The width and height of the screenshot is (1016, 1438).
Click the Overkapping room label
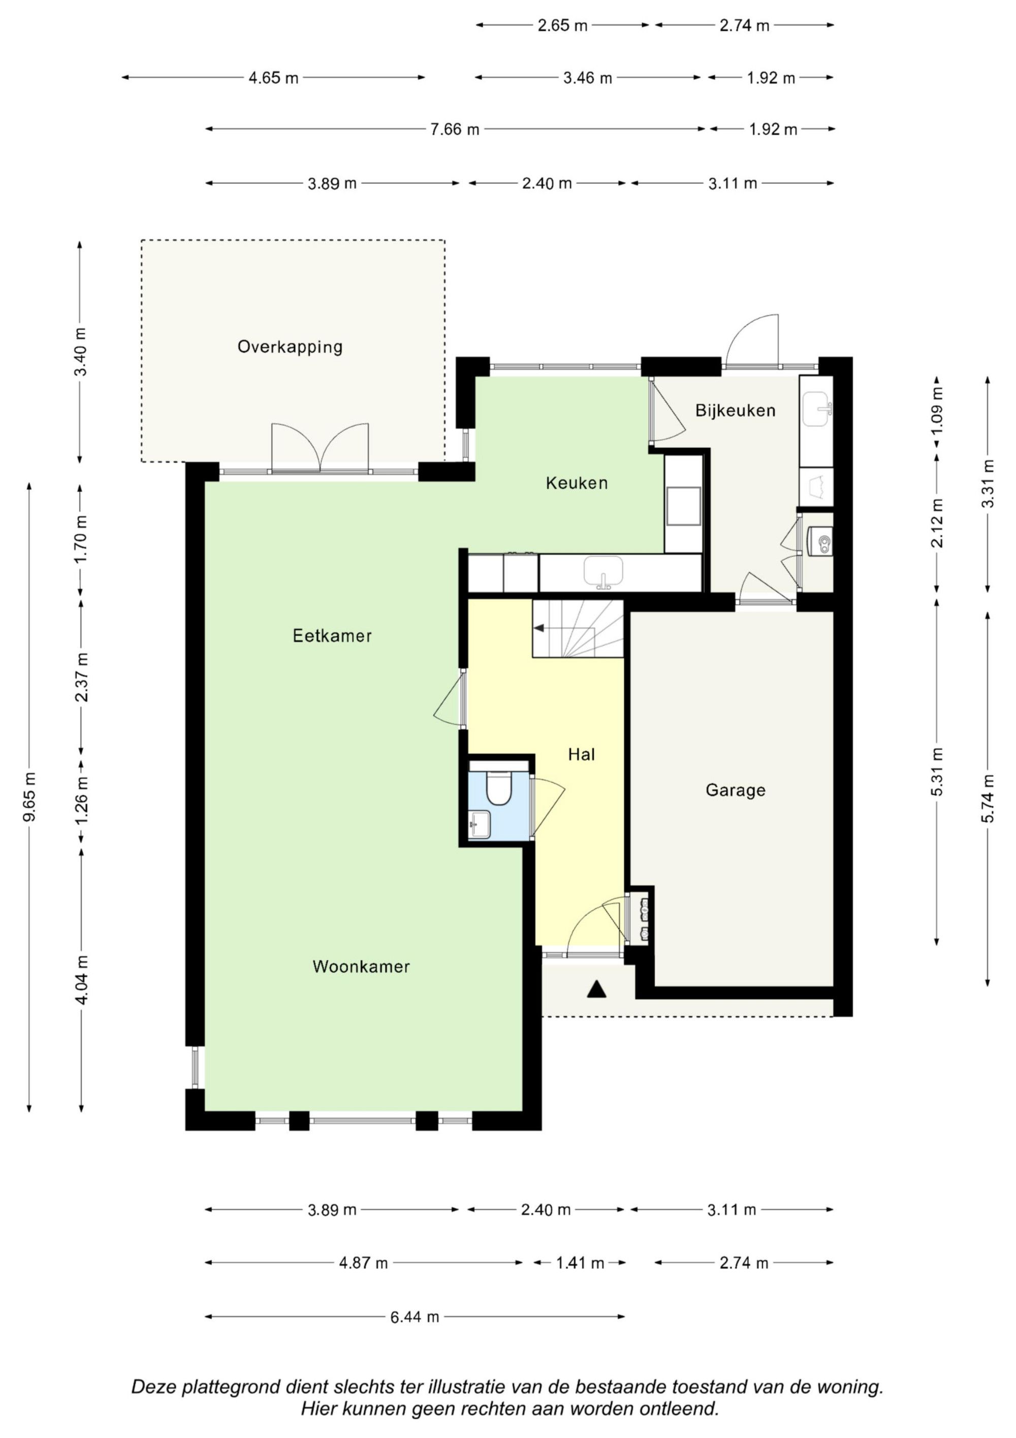point(290,347)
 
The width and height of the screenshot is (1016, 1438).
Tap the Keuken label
point(577,483)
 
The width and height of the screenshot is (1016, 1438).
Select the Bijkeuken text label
point(735,411)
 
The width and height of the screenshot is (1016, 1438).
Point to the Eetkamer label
point(332,636)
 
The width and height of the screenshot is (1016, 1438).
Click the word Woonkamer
point(361,966)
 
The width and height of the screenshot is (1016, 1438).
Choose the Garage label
point(736,790)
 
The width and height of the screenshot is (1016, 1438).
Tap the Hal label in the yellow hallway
point(582,755)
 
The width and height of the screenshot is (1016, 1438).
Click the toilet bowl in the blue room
point(499,788)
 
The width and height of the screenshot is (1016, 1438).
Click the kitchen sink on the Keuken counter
point(604,572)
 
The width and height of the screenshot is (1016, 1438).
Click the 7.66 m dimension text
point(455,130)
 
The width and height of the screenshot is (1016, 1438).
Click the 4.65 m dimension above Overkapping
point(274,78)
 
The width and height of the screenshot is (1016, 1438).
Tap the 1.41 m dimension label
point(580,1263)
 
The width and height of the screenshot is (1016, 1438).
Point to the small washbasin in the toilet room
point(480,823)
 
